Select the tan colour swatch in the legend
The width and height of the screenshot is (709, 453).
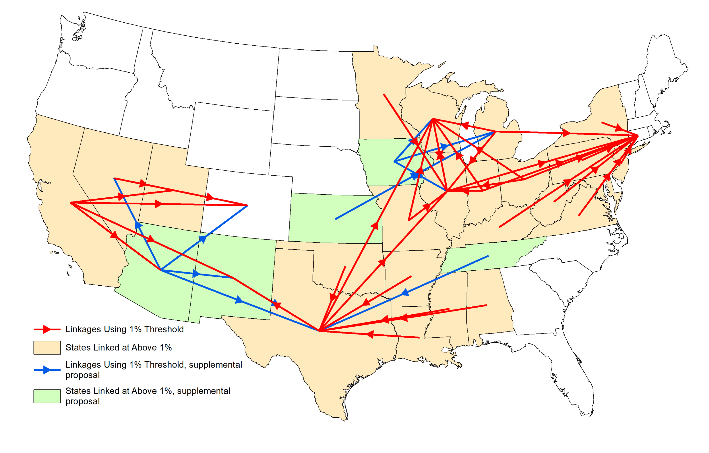click(47, 348)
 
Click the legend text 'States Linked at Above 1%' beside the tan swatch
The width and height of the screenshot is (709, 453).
click(118, 348)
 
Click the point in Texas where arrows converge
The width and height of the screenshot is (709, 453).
click(320, 331)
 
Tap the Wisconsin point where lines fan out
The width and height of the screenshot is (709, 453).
click(432, 119)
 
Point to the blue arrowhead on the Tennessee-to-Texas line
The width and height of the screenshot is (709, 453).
click(405, 292)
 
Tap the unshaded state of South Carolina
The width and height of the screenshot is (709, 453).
click(559, 280)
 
